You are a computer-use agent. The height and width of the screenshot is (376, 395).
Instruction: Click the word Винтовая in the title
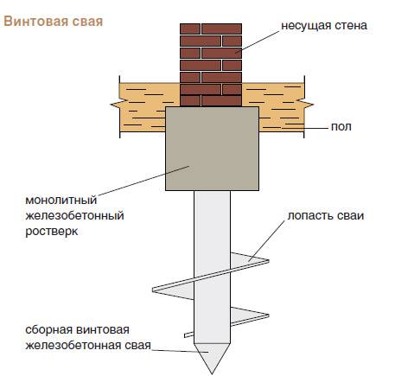[x=36, y=22]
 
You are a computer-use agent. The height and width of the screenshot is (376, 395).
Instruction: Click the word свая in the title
[x=87, y=22]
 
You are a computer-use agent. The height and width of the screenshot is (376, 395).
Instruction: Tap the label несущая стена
[x=324, y=26]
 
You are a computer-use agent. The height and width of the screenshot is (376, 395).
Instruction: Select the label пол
[x=341, y=127]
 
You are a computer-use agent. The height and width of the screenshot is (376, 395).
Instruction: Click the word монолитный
[x=61, y=200]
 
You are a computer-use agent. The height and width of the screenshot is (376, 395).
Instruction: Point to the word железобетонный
[x=75, y=215]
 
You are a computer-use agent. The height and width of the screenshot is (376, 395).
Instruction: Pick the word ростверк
[x=52, y=232]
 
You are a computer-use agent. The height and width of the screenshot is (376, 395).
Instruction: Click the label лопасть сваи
[x=326, y=216]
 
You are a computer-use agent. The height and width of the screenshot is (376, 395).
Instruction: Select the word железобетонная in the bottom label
[x=73, y=345]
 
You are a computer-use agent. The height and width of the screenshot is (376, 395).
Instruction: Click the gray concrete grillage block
[x=212, y=149]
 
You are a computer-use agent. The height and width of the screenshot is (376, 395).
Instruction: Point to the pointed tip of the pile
[x=213, y=373]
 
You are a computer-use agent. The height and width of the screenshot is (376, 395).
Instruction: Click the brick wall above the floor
[x=211, y=65]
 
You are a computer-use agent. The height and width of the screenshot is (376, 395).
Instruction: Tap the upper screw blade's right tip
[x=269, y=261]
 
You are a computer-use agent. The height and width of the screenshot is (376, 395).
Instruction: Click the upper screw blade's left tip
[x=153, y=290]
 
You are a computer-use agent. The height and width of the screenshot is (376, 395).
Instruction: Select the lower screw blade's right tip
[x=269, y=315]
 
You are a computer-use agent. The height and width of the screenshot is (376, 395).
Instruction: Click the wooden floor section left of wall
[x=143, y=107]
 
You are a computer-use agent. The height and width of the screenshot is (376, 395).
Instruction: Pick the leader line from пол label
[x=307, y=128]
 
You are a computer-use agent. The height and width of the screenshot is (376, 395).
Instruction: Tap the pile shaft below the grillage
[x=213, y=266]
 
